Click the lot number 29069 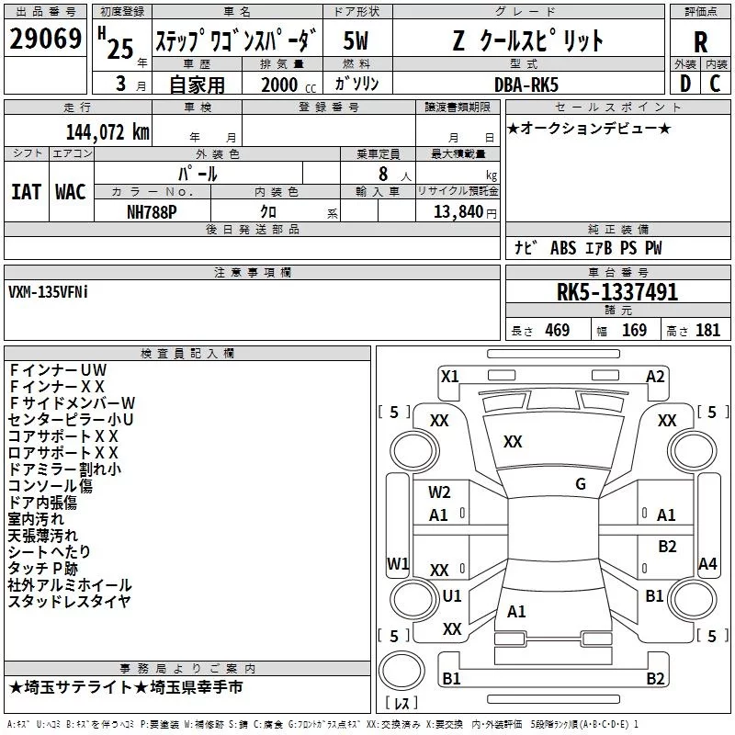coord(44,40)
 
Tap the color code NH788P coord(153,210)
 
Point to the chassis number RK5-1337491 coord(617,293)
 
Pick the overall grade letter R coord(700,41)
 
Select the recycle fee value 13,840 coord(457,210)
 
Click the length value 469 coord(557,330)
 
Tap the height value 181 coord(707,330)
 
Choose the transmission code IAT coord(26,191)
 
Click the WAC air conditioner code coord(70,191)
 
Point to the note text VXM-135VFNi coord(50,291)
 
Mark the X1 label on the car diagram coord(449,376)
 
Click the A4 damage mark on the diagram coord(707,563)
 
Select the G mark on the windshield coord(580,484)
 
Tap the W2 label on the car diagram coord(439,492)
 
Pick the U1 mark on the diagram coord(452,595)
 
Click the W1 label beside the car coord(398,563)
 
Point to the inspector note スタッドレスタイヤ coord(70,602)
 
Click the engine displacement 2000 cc coord(285,85)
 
